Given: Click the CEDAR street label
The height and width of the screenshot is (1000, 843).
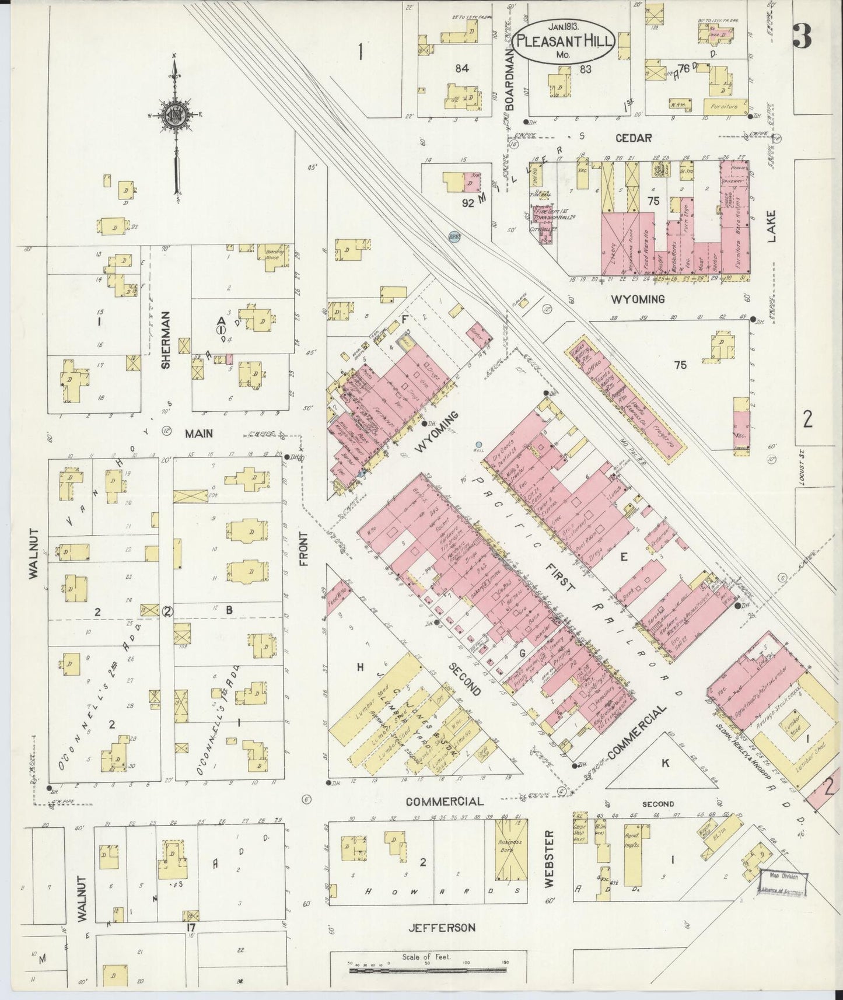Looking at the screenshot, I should pyautogui.click(x=634, y=138).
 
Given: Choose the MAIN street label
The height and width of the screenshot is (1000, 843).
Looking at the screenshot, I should pyautogui.click(x=198, y=433).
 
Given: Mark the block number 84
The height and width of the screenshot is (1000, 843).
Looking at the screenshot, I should pyautogui.click(x=462, y=68).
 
